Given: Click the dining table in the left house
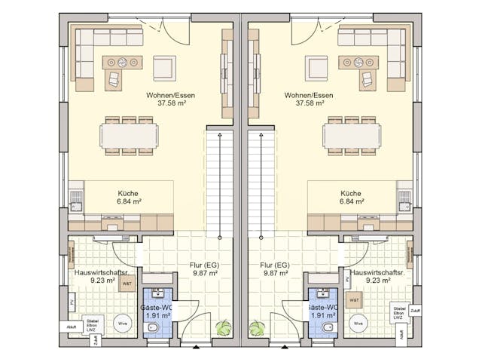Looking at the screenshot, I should point(130,136).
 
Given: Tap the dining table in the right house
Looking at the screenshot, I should point(352,136).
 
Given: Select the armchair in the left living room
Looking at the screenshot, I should point(164,68).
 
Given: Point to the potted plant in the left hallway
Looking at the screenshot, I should point(224,328).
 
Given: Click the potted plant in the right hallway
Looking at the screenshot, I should point(258,328).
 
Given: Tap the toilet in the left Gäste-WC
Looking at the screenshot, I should point(152,328).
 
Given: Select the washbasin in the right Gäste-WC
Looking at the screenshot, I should point(322,294).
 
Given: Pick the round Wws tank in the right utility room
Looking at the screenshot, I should point(360,324).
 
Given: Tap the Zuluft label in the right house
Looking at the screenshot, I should point(415,311).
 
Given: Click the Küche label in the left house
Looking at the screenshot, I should point(128,193).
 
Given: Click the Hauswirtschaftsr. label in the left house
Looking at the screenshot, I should point(94,271).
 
